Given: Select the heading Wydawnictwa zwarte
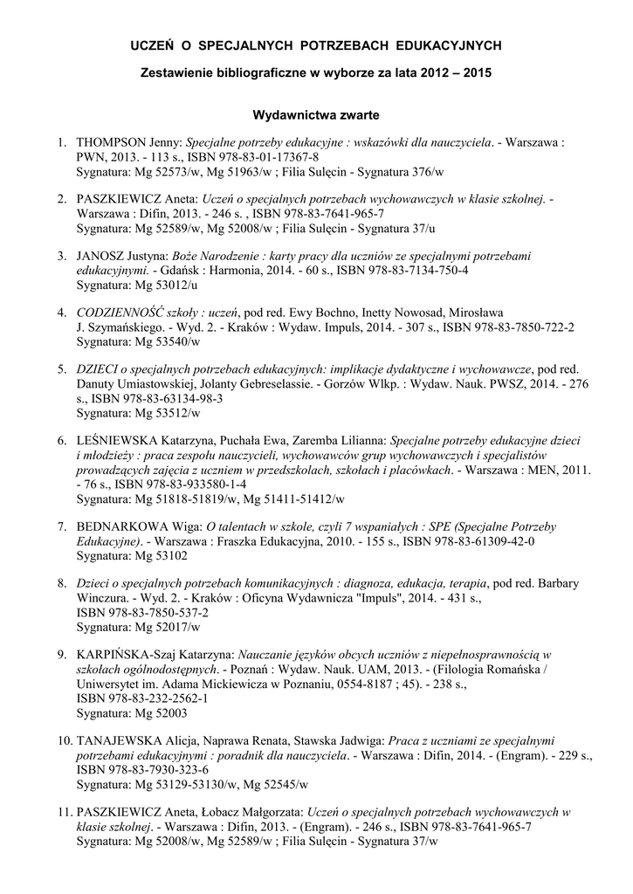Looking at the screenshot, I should tap(315, 113).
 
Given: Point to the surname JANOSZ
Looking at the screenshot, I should tap(105, 256).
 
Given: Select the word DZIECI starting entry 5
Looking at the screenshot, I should tap(100, 369).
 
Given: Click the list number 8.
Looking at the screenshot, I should tap(62, 583).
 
